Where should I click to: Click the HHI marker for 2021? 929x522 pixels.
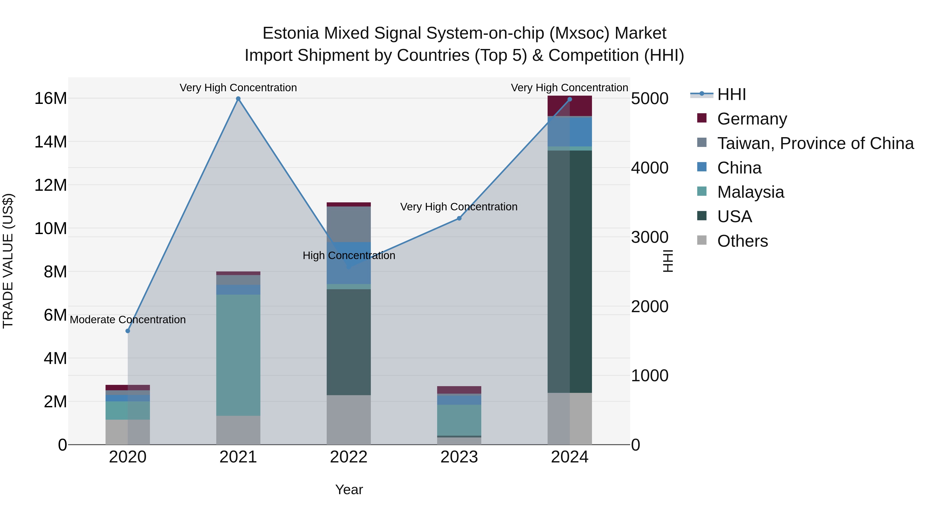[238, 99]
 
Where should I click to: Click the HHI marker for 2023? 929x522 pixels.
[459, 218]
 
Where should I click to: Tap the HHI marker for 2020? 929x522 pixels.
[128, 331]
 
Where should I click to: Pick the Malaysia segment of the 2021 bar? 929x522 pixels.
[238, 355]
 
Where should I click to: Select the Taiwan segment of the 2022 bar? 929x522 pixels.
[348, 224]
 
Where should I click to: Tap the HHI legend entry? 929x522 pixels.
[731, 94]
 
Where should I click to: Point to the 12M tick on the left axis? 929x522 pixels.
[51, 185]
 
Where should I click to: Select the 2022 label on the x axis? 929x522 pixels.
[348, 457]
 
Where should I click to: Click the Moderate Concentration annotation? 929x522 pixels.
[128, 320]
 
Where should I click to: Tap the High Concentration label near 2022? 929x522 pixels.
[348, 255]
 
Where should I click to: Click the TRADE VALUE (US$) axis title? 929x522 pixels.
[8, 261]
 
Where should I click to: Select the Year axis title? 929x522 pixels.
[349, 490]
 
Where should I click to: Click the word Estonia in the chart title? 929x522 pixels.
[291, 33]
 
